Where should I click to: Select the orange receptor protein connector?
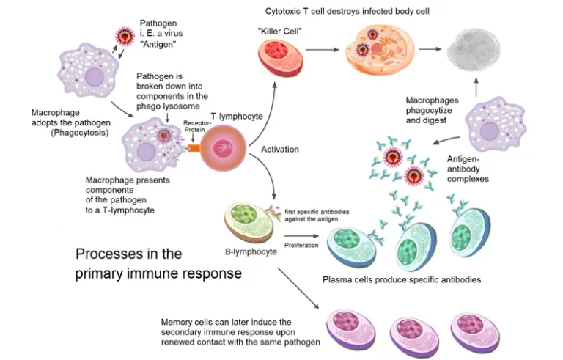194,147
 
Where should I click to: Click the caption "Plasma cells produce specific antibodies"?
402,280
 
